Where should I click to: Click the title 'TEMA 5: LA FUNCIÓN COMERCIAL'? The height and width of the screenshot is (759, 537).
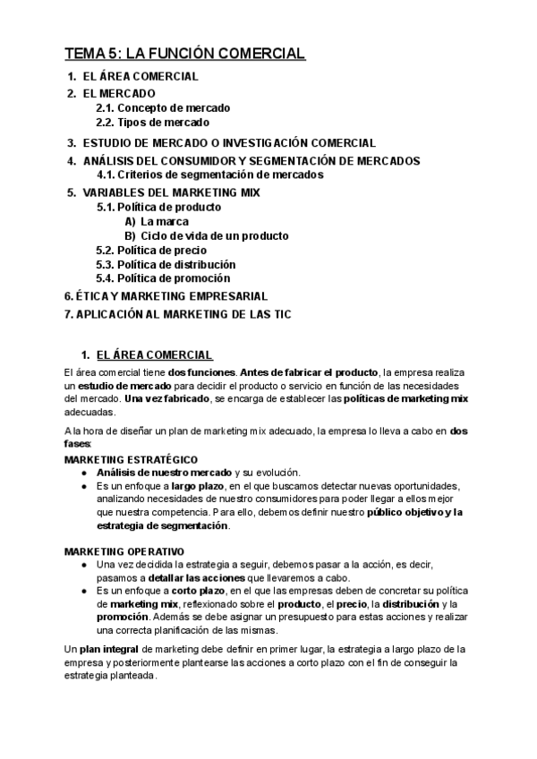185,54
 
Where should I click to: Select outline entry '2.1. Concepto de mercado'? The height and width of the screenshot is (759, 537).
163,108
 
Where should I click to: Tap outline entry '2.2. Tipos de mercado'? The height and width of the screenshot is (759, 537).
152,123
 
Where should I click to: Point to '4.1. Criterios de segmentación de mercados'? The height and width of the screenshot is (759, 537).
210,175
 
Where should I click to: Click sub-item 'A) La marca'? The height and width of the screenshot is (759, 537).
157,222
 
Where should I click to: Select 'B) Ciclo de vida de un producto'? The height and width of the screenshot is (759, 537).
207,236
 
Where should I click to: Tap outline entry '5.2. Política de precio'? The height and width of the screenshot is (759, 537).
151,251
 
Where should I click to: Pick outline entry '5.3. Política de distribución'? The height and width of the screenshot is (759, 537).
166,265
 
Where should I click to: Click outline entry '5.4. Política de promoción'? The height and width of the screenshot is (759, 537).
162,279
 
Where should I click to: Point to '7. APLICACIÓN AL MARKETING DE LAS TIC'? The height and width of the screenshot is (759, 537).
178,314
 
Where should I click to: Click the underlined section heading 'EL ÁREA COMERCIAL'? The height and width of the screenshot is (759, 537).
154,354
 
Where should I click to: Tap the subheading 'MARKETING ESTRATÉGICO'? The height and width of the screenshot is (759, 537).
123,459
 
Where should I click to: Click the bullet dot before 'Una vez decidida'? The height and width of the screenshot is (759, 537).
83,566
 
